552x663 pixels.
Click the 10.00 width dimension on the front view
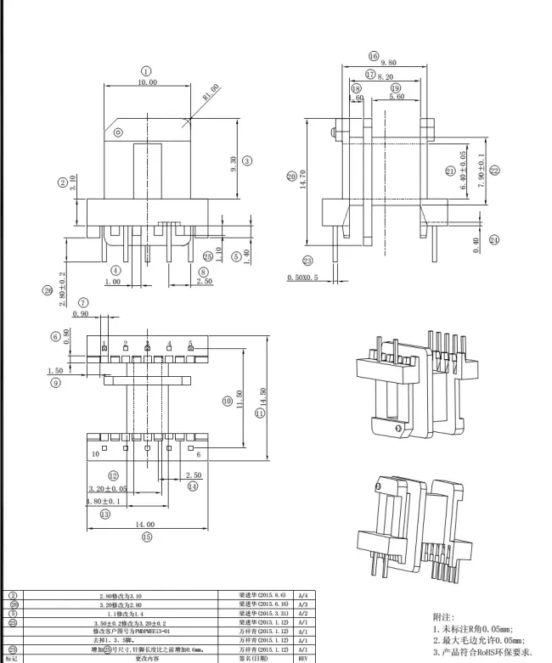[147, 83]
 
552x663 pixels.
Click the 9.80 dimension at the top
[389, 64]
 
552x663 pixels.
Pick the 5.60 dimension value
[396, 98]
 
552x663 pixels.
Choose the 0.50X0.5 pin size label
[302, 278]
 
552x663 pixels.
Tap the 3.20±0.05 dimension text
[108, 489]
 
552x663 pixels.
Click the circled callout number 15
[146, 537]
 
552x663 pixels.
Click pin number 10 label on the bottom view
[95, 454]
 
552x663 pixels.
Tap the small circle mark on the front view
[118, 132]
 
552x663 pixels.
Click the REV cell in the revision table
[303, 658]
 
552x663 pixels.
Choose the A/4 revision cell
[303, 595]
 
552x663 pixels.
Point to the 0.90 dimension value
[82, 314]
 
